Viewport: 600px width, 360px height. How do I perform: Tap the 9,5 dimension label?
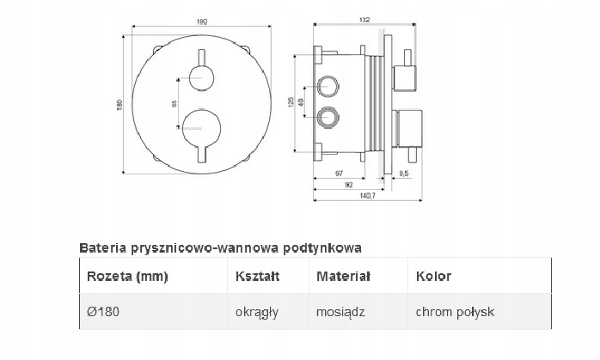click(406, 174)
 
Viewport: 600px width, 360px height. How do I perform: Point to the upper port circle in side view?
click(328, 85)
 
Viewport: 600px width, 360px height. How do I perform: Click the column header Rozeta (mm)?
click(128, 277)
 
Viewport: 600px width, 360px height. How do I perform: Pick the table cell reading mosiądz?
click(341, 311)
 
